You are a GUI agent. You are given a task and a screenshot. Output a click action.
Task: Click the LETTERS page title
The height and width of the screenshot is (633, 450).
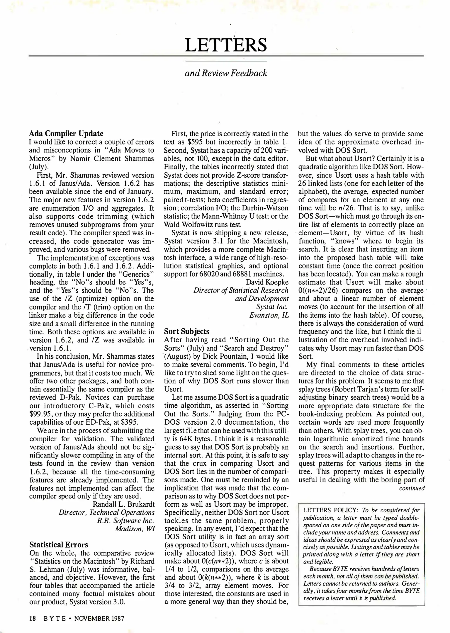pyautogui.click(x=226, y=45)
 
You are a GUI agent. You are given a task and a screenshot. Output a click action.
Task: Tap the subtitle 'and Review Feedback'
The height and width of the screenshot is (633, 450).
pyautogui.click(x=226, y=73)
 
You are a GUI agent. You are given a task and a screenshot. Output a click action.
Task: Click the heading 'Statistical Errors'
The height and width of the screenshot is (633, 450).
pyautogui.click(x=59, y=545)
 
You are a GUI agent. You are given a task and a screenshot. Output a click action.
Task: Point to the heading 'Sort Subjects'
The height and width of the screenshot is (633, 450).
pyautogui.click(x=186, y=331)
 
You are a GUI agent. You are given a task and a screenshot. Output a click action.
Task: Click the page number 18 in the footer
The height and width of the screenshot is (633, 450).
pyautogui.click(x=32, y=619)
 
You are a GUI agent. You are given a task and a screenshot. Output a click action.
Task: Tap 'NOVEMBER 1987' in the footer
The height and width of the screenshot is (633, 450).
pyautogui.click(x=99, y=619)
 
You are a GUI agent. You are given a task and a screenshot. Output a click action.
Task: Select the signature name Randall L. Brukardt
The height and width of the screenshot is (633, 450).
pyautogui.click(x=123, y=504)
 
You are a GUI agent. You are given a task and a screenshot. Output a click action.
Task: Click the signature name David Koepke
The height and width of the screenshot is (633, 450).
pyautogui.click(x=267, y=282)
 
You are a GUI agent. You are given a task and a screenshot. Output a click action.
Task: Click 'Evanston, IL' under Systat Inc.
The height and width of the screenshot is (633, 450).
pyautogui.click(x=269, y=315)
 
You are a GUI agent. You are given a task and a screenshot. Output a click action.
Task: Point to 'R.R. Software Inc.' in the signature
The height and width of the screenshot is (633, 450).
pyautogui.click(x=125, y=521)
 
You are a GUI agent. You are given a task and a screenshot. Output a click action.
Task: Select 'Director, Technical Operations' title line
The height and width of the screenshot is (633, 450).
pyautogui.click(x=106, y=513)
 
